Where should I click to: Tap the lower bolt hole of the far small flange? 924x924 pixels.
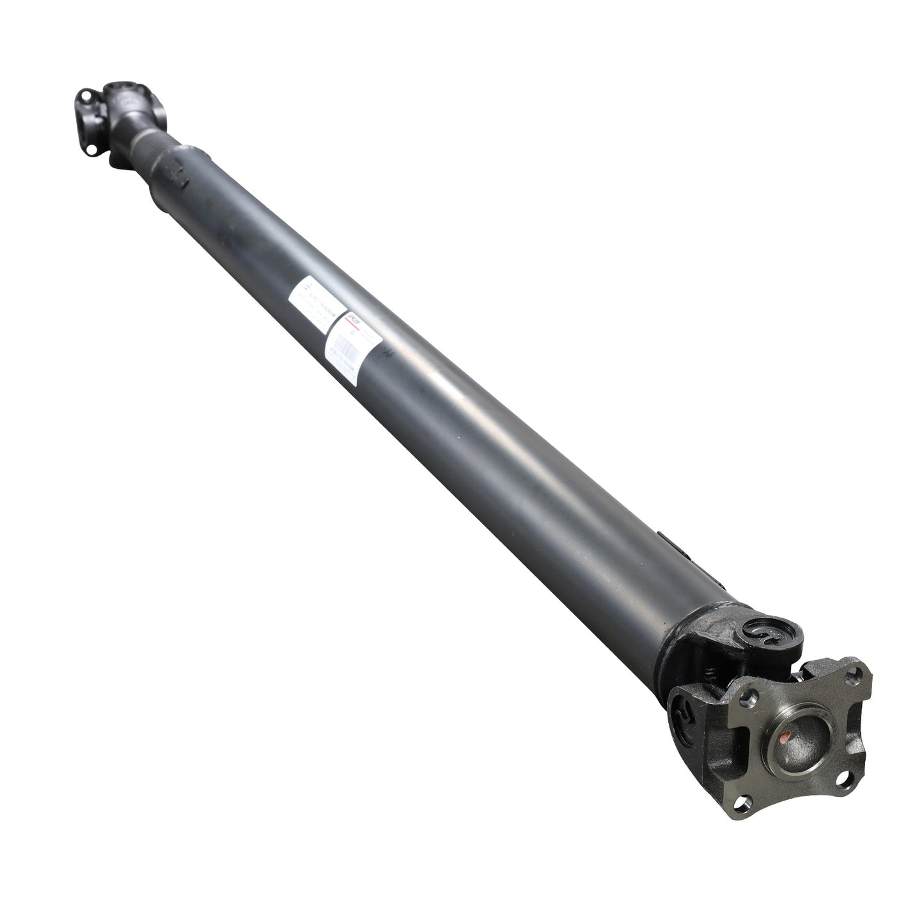point(95,152)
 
